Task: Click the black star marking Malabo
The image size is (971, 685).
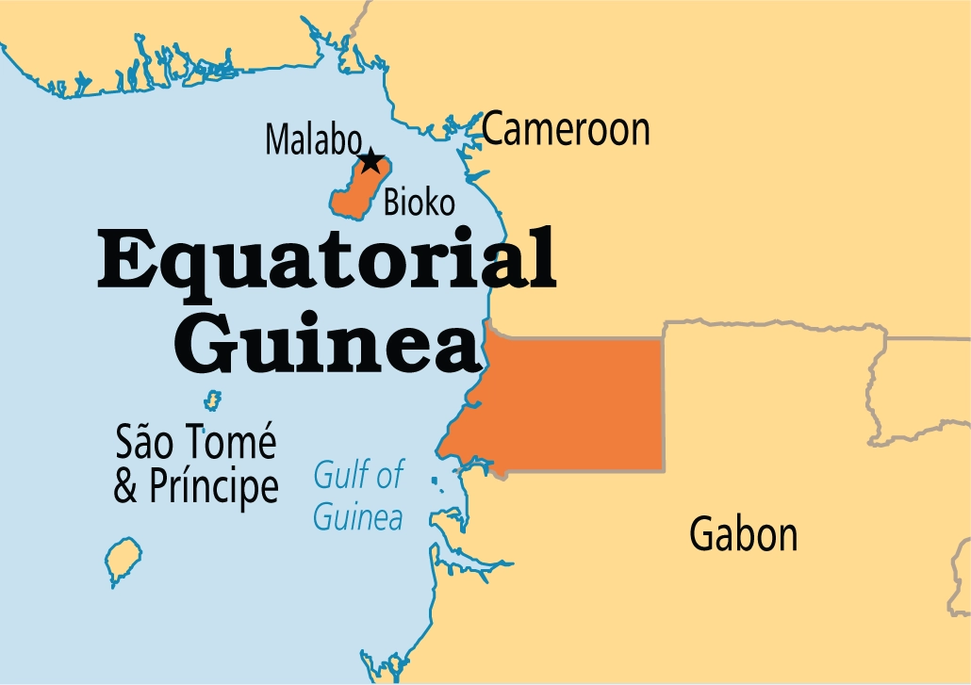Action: click(x=370, y=161)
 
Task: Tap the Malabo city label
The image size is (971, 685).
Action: click(x=312, y=139)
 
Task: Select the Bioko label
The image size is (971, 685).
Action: click(x=420, y=202)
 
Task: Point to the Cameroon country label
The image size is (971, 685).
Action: click(x=566, y=130)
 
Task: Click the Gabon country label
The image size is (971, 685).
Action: click(x=743, y=534)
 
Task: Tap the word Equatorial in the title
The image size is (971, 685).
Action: click(x=326, y=263)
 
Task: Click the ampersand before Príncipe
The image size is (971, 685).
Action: click(x=125, y=487)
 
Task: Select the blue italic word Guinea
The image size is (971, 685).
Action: click(x=358, y=516)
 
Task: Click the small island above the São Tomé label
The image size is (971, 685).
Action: click(x=214, y=400)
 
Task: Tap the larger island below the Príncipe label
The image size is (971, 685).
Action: click(x=123, y=561)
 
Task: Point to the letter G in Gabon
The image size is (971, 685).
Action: click(x=702, y=534)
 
